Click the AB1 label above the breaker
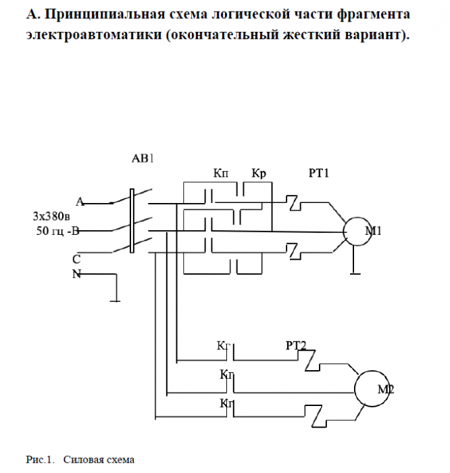click(143, 160)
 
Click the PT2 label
click(296, 346)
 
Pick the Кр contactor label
click(259, 174)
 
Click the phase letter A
click(79, 201)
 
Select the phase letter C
click(76, 259)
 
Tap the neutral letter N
click(76, 273)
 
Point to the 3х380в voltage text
click(53, 217)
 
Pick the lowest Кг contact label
click(226, 403)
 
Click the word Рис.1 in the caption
click(39, 460)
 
